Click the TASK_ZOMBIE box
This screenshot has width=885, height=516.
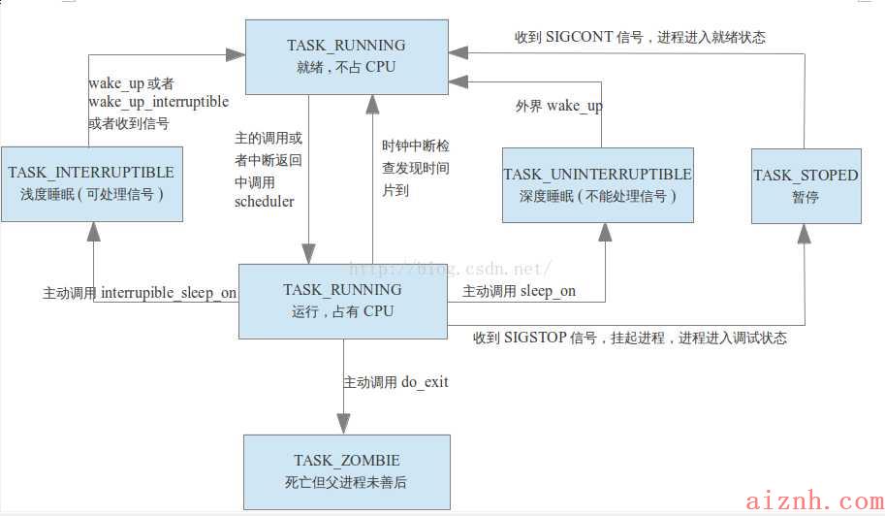click(347, 472)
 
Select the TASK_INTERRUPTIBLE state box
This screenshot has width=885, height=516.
click(92, 184)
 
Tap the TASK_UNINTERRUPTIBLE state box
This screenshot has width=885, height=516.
click(598, 185)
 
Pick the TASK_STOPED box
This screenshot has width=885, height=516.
click(806, 186)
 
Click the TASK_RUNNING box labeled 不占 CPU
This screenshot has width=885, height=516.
click(347, 57)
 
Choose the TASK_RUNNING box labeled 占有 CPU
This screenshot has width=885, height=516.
click(343, 302)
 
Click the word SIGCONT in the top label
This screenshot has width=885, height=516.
click(579, 37)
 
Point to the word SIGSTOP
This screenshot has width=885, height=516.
click(534, 338)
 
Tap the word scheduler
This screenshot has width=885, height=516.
click(265, 202)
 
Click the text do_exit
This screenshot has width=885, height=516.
click(425, 382)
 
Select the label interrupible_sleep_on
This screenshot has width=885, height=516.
click(169, 293)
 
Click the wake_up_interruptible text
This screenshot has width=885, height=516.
click(159, 102)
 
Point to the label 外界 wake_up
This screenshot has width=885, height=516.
click(558, 106)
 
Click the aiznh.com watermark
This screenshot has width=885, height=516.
click(814, 500)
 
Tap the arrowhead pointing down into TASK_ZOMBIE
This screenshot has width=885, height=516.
click(344, 424)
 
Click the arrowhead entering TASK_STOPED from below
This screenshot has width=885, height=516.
click(805, 234)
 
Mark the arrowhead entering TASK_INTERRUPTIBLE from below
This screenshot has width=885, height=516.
click(94, 232)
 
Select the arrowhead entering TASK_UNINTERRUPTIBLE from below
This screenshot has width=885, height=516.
click(605, 233)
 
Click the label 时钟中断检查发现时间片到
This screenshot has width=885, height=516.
click(416, 168)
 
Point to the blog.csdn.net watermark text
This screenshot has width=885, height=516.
click(450, 269)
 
